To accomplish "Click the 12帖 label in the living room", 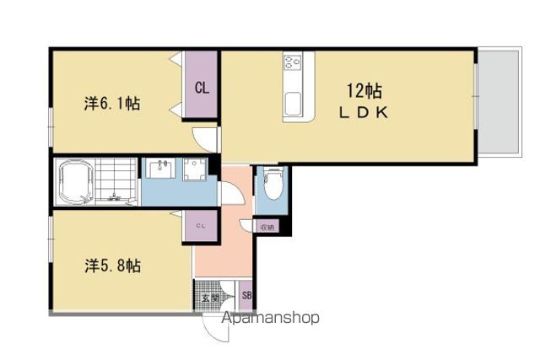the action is click(364, 91).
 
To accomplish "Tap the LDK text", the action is click(364, 113).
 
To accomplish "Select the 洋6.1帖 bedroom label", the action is click(112, 103).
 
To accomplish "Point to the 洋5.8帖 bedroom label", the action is click(112, 266).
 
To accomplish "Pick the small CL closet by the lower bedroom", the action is click(202, 226).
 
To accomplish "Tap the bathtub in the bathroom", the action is click(76, 181).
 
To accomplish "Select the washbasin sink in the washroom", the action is click(160, 168).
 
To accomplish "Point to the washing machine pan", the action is click(195, 169).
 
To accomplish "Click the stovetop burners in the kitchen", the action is click(293, 62).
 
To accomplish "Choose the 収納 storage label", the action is click(267, 227).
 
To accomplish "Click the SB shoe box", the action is click(246, 295).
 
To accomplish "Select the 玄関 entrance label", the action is click(210, 298).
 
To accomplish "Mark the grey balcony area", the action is click(499, 103).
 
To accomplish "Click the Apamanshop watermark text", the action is click(270, 318).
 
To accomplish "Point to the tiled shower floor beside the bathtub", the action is click(116, 180).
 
